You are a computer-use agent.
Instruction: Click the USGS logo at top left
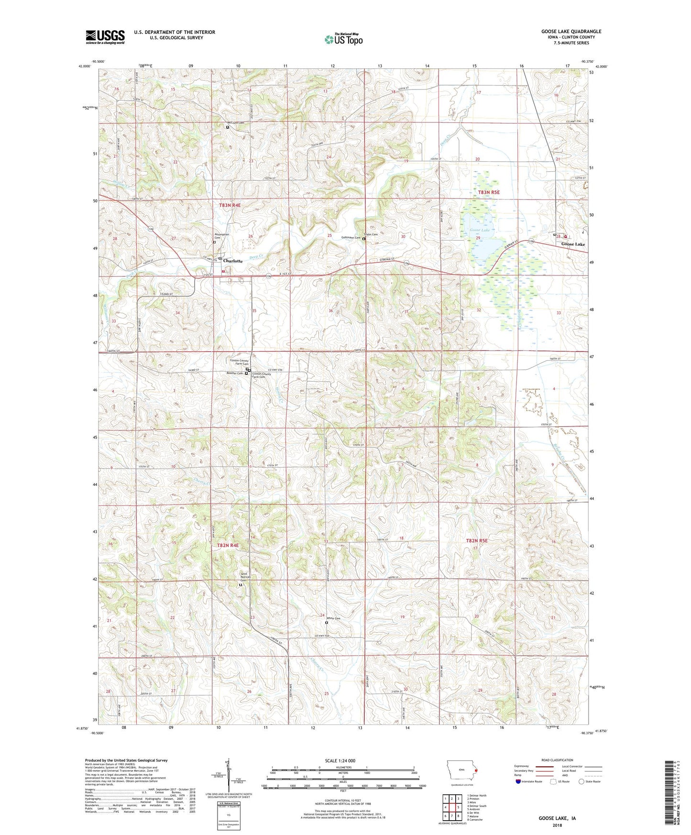(105, 37)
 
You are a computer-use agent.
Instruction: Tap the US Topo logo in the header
(343, 39)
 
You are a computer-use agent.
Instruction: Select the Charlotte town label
(233, 261)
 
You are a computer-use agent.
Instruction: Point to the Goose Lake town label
(573, 244)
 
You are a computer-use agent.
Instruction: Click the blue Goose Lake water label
(479, 231)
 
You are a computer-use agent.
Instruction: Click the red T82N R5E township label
(477, 540)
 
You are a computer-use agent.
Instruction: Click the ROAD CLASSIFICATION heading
(558, 760)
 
